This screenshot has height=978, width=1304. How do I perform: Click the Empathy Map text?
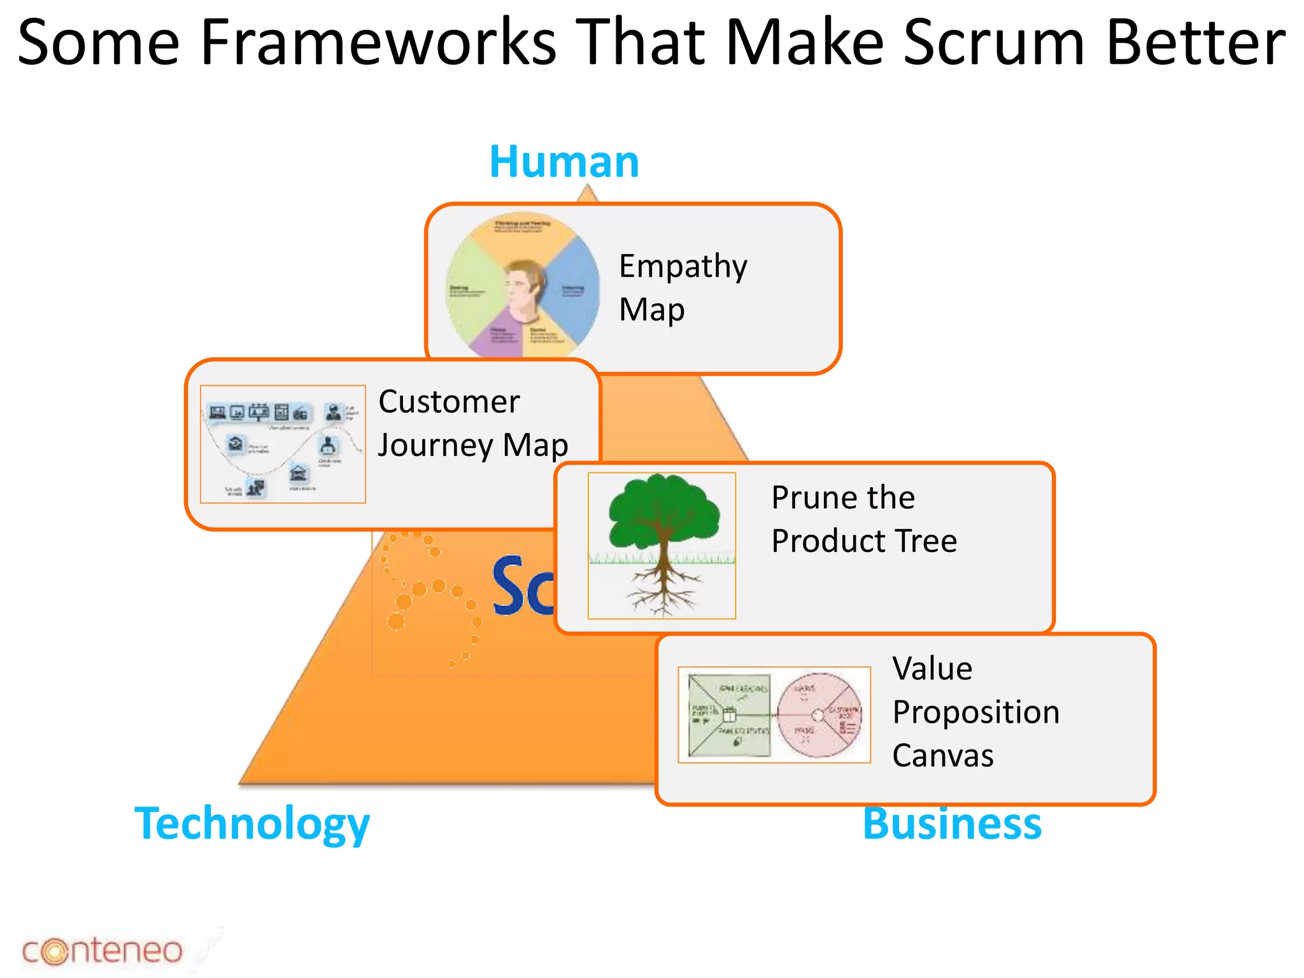pos(683,287)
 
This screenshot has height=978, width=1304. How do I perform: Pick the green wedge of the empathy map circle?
pos(471,293)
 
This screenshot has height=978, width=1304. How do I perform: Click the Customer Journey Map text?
pos(472,423)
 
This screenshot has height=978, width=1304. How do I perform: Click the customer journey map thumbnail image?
pos(283,444)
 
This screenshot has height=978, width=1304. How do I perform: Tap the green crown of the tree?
pos(662,509)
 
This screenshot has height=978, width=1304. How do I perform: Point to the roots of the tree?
pos(662,589)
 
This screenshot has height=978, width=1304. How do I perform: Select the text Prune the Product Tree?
pos(863,519)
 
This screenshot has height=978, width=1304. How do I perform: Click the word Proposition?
pos(975,712)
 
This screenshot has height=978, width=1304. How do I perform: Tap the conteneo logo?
pos(102,951)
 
